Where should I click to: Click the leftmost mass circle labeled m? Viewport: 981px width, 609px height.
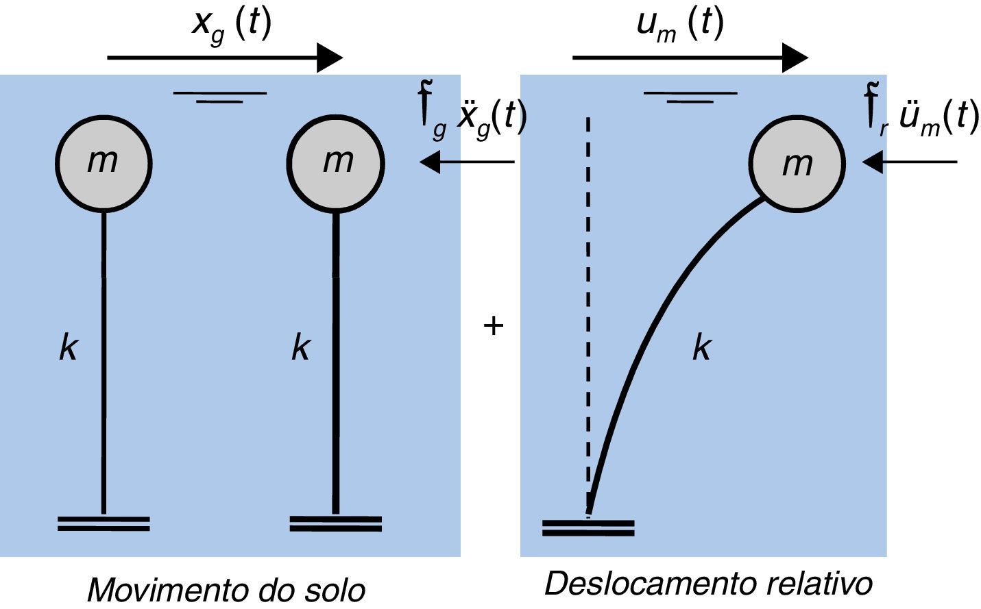(x=103, y=162)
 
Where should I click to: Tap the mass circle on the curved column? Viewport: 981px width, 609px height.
(x=797, y=164)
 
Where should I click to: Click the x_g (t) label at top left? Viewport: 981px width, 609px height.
(x=232, y=25)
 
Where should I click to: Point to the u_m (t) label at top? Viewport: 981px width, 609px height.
(x=679, y=25)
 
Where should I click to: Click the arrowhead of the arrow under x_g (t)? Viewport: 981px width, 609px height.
(x=330, y=58)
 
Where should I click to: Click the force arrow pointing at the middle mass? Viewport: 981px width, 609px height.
(x=466, y=162)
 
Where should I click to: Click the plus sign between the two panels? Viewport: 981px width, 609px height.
(x=493, y=325)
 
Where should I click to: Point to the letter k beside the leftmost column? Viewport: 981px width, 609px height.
(x=68, y=348)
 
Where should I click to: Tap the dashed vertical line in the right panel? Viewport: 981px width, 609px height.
(x=588, y=308)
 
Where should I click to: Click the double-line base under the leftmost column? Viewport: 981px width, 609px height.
(x=104, y=524)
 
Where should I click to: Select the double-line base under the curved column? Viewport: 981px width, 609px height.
(x=588, y=527)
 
